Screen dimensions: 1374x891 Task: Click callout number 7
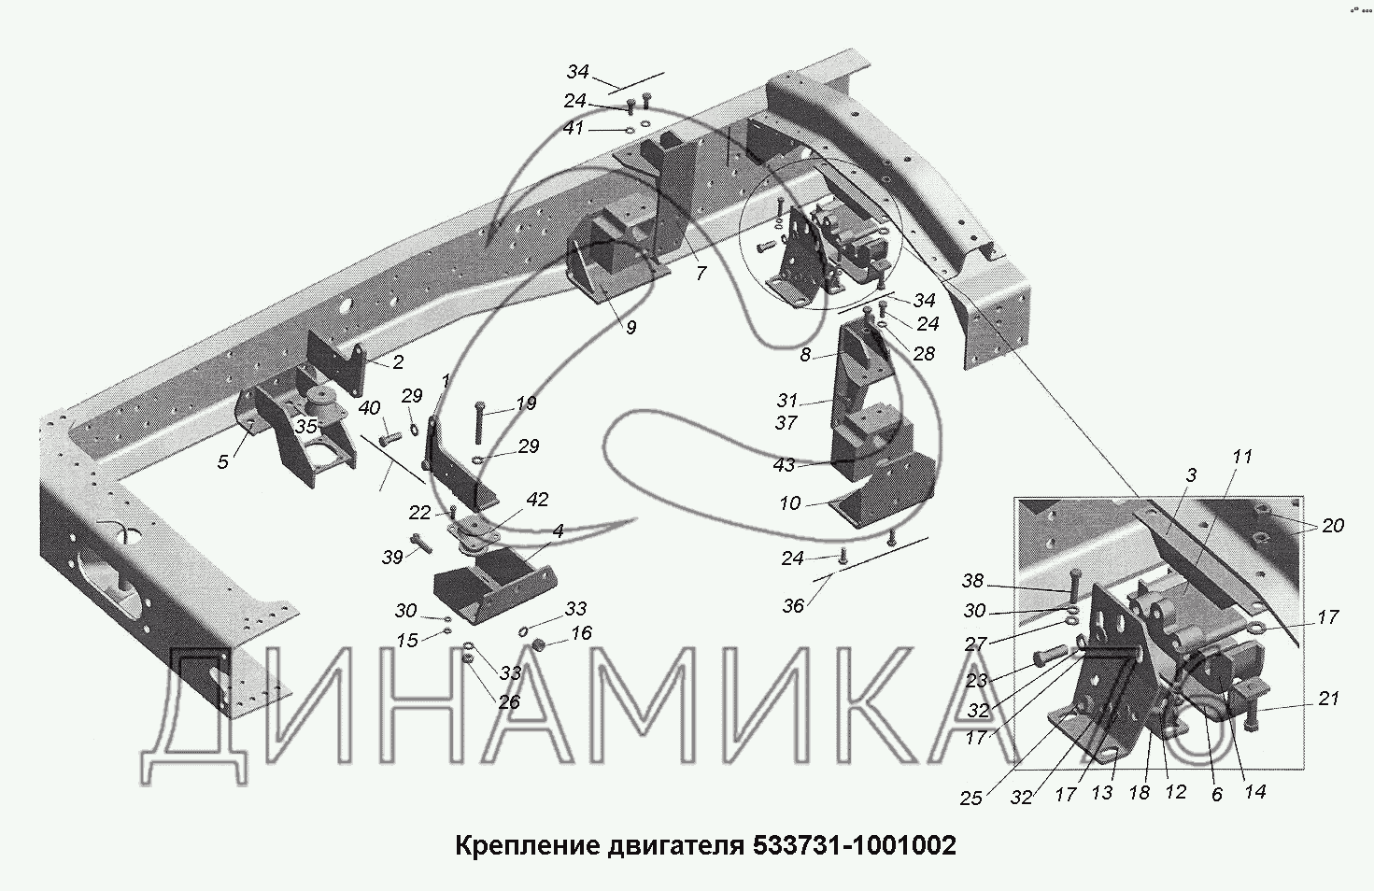(701, 274)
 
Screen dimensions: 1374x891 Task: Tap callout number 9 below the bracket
(630, 328)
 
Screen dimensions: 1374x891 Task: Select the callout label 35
(305, 425)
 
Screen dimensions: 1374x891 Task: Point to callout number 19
(525, 403)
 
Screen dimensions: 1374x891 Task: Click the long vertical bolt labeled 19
(480, 423)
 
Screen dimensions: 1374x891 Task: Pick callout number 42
(537, 500)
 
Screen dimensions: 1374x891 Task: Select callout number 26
(508, 701)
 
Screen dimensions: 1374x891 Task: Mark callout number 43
(785, 465)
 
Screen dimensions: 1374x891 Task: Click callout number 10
(790, 503)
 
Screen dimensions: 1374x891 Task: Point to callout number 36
(792, 606)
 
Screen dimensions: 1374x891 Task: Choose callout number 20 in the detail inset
(1333, 526)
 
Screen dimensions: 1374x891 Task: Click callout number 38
(973, 581)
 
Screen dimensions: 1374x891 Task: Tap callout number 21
(1329, 698)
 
